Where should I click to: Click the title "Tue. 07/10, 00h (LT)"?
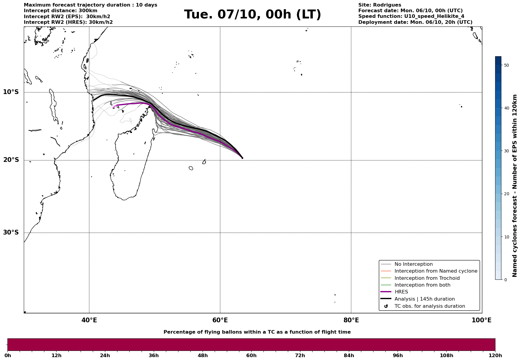point(252,15)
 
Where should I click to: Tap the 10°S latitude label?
point(11,92)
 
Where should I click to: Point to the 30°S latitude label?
point(11,232)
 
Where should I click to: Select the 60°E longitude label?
point(220,320)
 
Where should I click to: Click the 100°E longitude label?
point(481,320)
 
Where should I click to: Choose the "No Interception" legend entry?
point(413,264)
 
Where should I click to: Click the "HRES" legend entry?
point(401,292)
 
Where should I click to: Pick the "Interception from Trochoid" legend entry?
point(427,278)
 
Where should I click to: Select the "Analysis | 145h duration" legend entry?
point(424,299)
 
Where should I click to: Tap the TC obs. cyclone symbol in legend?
point(386,306)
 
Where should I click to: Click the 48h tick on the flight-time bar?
point(203,355)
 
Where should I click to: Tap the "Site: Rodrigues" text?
point(379,5)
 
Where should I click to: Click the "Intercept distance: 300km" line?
point(60,11)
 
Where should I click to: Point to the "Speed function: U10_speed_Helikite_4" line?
point(411,16)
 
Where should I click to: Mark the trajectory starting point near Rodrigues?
point(242,158)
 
